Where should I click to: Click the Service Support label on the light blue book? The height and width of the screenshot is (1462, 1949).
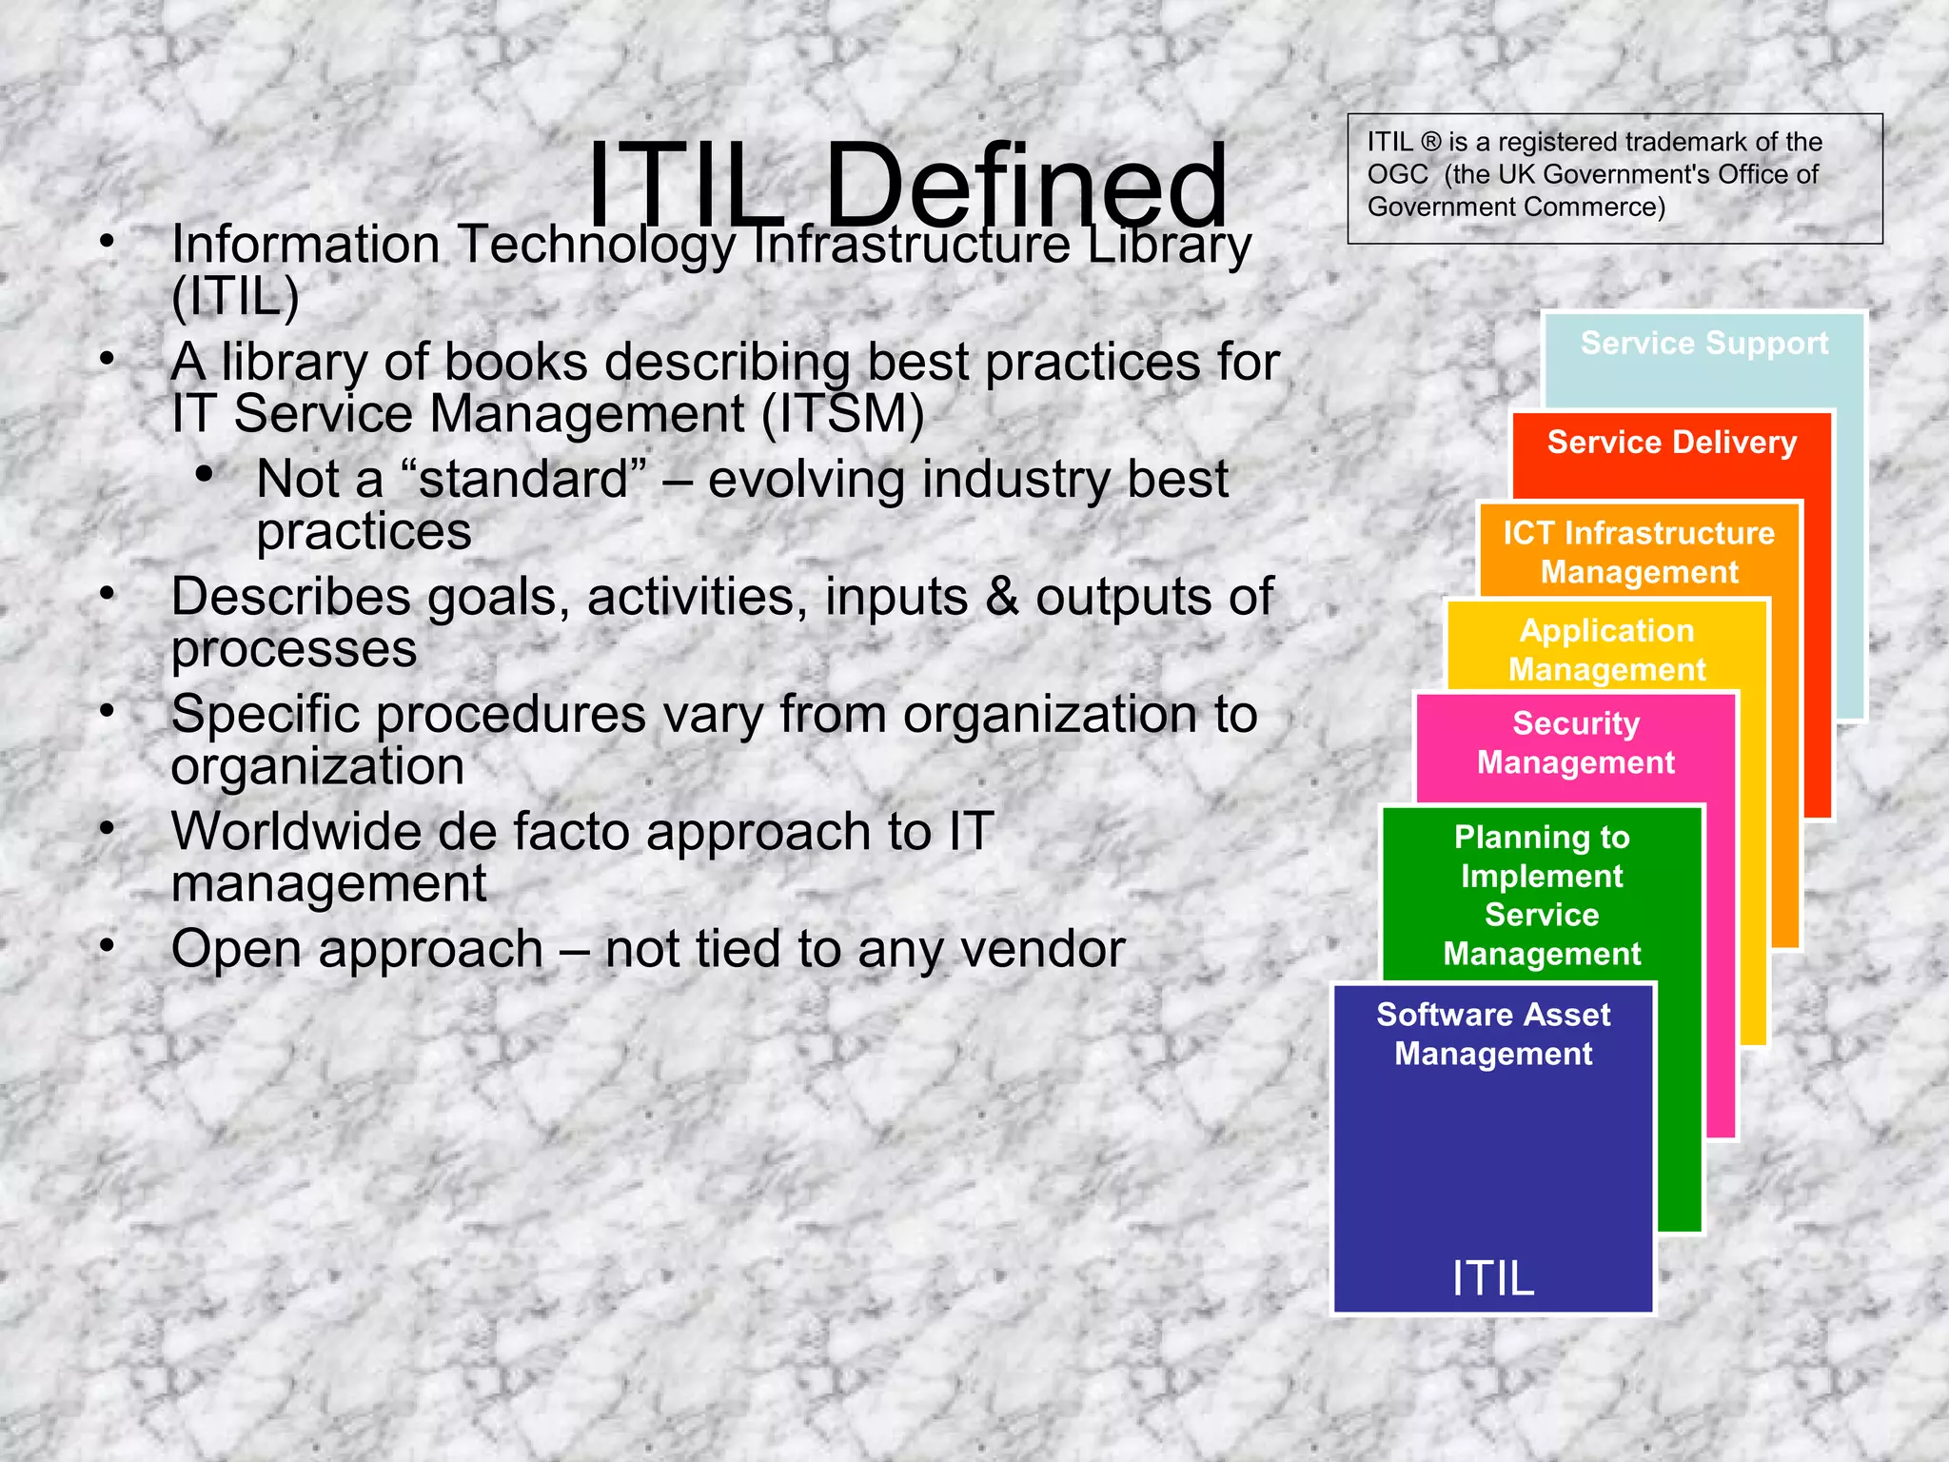[1703, 343]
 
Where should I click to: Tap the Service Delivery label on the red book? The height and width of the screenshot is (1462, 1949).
[1671, 443]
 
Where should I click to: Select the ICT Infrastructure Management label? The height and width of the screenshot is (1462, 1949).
[1639, 552]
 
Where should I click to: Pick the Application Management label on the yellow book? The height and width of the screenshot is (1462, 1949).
[1606, 650]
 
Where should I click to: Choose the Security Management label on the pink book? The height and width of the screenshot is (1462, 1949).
[1575, 742]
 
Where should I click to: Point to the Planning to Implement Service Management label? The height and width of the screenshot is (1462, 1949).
[1542, 895]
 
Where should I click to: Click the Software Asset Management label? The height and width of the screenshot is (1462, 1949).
[1493, 1034]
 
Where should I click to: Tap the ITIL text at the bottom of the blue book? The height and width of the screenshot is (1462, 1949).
[1492, 1278]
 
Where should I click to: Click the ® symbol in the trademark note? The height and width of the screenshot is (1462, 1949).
[1431, 143]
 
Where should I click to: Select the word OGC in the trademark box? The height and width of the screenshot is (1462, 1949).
[1397, 175]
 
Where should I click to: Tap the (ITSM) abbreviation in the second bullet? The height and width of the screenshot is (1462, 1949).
[842, 415]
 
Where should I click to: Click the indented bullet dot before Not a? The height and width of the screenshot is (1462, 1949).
[203, 473]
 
